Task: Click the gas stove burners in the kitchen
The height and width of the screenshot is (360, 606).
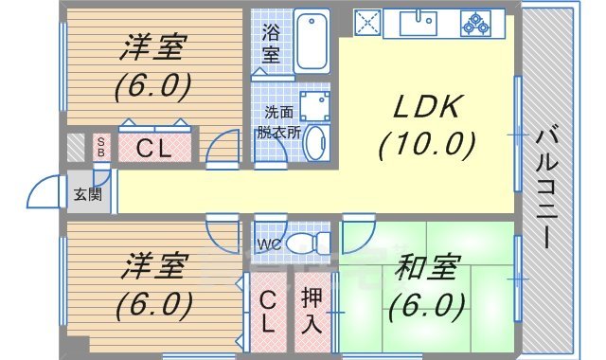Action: click(x=476, y=22)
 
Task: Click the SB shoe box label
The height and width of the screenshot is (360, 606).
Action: click(x=101, y=147)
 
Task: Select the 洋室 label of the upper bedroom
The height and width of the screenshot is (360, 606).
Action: click(x=152, y=47)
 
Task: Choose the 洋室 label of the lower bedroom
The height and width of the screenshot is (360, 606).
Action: click(x=152, y=268)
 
